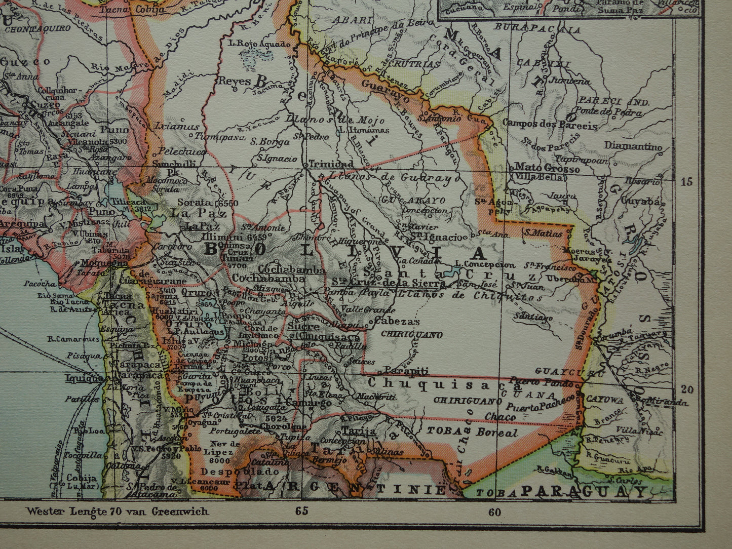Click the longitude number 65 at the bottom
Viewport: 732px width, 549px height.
[x=301, y=511]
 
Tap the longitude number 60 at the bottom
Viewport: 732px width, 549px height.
[x=494, y=512]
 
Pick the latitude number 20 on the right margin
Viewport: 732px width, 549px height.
[x=687, y=389]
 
